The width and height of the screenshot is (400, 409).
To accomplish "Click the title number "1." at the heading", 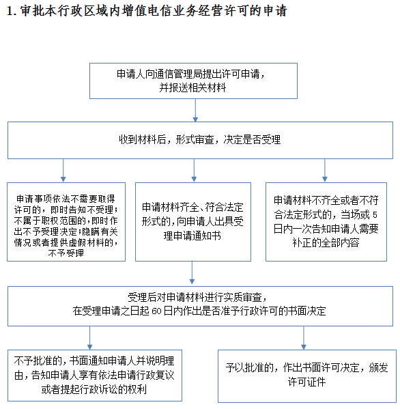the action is point(12,11).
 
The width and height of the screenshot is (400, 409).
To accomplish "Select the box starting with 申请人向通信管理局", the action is point(193,81).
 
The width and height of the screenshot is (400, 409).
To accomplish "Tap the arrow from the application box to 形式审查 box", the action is point(195,111).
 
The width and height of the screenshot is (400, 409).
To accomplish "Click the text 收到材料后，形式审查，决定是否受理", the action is point(200,140).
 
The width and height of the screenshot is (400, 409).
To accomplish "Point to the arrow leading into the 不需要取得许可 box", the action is point(63,170).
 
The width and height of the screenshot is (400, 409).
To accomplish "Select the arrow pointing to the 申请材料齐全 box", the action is point(194,170).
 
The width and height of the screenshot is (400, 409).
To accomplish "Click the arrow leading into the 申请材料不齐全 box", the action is point(325,170).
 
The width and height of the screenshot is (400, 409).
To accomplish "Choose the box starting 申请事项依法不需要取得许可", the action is point(66,222).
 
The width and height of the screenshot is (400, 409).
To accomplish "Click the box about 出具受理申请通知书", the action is point(193,222).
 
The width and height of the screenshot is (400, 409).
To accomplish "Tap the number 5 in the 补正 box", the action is point(375,214).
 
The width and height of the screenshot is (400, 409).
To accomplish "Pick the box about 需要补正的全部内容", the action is point(326,222).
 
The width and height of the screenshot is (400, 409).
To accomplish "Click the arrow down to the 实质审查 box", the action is point(192,272).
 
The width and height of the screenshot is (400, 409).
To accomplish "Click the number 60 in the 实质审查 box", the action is point(156,311).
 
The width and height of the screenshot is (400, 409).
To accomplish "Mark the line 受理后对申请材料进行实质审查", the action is point(197,297).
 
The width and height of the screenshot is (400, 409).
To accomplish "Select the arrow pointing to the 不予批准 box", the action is point(89,338).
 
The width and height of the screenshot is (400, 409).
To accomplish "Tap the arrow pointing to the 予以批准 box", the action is point(304,338).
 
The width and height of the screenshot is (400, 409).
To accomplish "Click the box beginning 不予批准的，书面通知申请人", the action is point(95,376).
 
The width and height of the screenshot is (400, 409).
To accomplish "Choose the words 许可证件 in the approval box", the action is point(306,382).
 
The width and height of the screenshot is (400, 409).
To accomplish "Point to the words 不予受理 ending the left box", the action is point(66,253).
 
